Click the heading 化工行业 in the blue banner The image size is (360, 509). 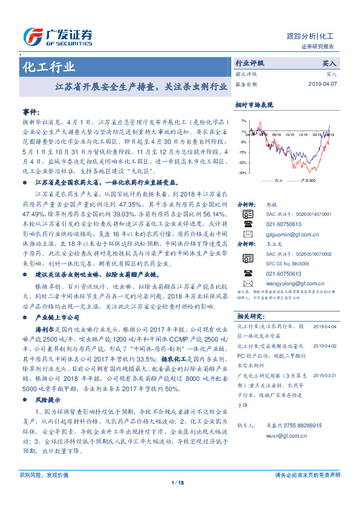[49, 67]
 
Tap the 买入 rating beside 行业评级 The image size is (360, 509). [330, 63]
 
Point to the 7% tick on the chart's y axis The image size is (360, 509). [243, 121]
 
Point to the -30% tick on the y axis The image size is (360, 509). [242, 173]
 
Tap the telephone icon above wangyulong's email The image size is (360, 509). [247, 273]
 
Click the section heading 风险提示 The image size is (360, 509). [48, 400]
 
